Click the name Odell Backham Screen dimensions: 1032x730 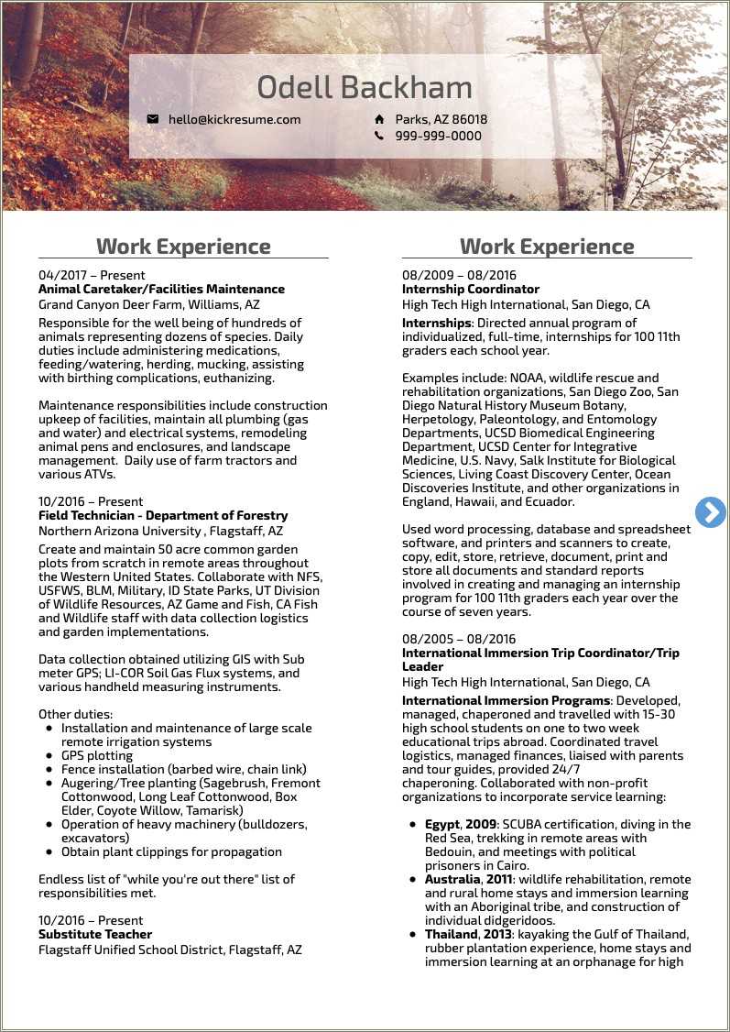365,88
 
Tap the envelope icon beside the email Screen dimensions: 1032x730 153,119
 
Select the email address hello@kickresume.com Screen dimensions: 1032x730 234,119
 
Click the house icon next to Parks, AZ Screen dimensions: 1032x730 379,119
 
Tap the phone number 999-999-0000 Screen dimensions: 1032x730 439,136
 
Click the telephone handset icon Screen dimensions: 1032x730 379,136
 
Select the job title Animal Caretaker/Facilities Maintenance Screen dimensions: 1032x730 161,289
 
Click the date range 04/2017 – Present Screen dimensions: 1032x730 92,275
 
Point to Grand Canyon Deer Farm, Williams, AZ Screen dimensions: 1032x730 148,304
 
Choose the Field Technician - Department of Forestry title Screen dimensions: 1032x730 163,515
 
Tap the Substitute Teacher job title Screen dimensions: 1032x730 95,934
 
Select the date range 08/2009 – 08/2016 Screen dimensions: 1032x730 459,275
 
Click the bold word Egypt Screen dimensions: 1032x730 442,824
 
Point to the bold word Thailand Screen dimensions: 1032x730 451,934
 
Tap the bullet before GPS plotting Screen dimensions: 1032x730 49,756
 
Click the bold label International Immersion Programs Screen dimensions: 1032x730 507,700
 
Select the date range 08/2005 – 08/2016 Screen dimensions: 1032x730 459,639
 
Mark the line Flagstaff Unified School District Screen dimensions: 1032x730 169,950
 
